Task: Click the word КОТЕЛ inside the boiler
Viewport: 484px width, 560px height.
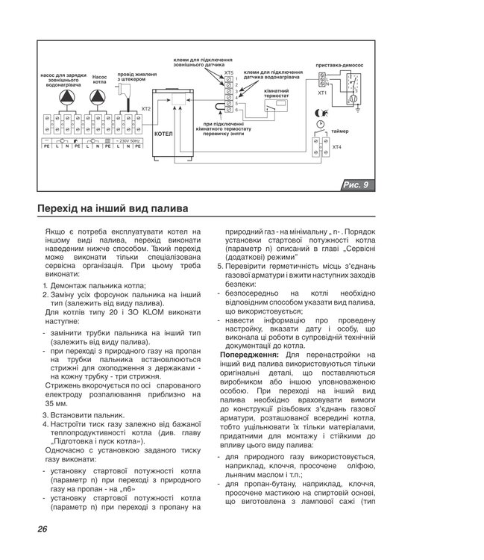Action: (x=163, y=134)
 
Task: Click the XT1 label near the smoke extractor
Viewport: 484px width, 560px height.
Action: (x=322, y=93)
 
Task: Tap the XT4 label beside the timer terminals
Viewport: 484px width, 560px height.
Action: (x=336, y=146)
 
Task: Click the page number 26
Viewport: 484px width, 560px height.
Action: (x=42, y=529)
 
